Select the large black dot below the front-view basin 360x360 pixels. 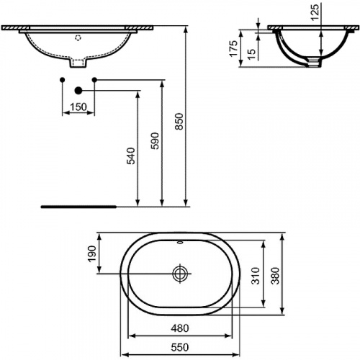[x=78, y=91]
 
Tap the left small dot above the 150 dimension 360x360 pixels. [x=63, y=78]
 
